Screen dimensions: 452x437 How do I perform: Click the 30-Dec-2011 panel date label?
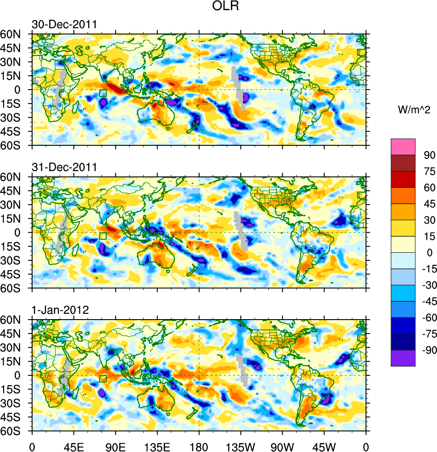click(64, 25)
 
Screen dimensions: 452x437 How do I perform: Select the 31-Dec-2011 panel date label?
click(64, 168)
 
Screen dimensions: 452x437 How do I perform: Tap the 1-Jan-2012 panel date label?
click(60, 310)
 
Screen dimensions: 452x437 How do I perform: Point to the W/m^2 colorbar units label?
click(414, 109)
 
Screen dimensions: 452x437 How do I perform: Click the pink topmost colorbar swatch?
click(403, 147)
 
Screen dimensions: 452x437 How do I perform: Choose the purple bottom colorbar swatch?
click(403, 358)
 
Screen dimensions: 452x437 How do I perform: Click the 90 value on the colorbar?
click(429, 155)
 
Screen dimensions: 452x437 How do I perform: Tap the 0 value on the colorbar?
click(429, 253)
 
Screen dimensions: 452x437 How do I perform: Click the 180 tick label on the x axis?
click(199, 445)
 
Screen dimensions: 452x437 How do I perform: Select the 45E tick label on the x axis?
click(73, 445)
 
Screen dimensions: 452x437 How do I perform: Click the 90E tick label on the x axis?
click(115, 445)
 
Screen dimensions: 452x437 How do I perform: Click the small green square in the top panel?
click(103, 93)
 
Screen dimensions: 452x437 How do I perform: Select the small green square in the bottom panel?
click(103, 379)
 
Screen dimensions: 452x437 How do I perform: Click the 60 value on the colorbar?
click(429, 187)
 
